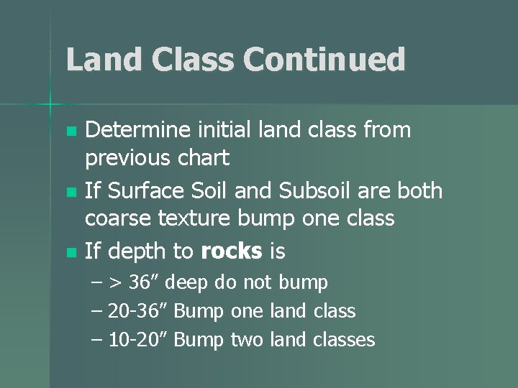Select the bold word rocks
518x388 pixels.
[232, 251]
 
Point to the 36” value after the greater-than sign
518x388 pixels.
[146, 282]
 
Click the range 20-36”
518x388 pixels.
[139, 311]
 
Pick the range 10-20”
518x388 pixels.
[139, 339]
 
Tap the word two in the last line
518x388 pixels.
[247, 339]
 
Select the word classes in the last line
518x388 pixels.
[344, 339]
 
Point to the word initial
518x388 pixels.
[228, 131]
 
